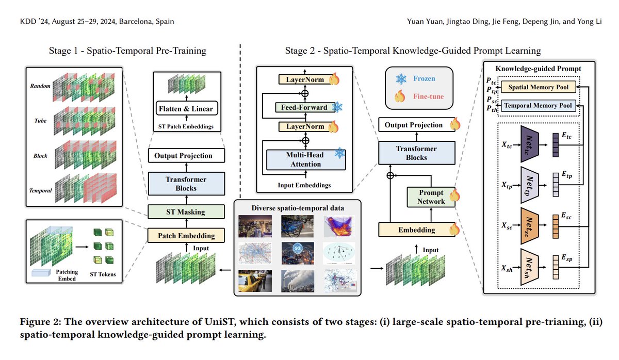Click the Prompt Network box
(x=431, y=197)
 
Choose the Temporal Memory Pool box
(x=539, y=105)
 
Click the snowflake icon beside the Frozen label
(x=401, y=79)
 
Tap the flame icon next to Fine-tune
(x=401, y=96)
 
